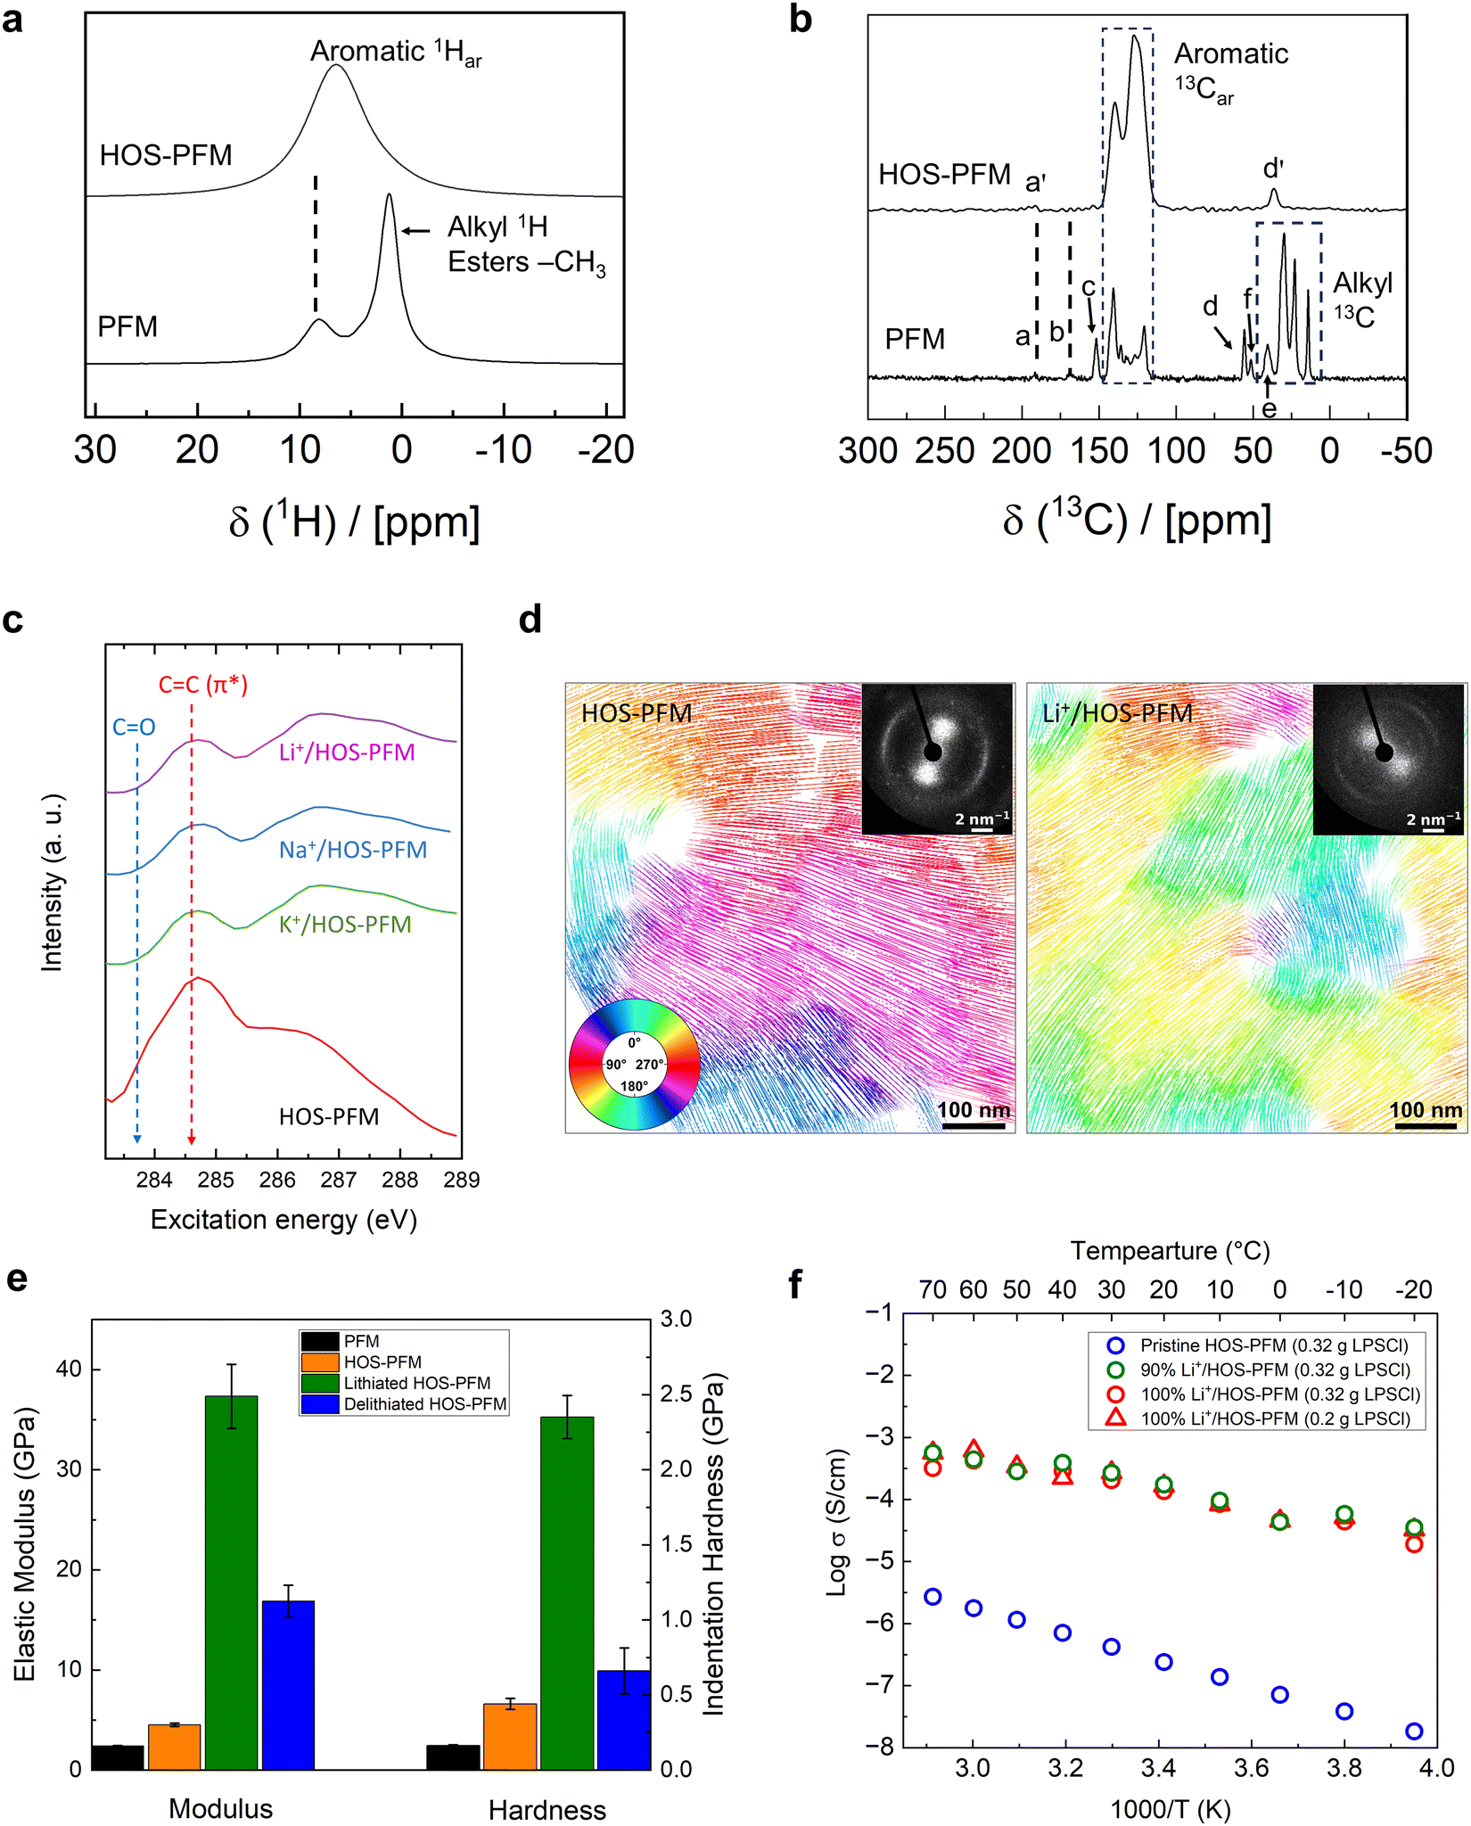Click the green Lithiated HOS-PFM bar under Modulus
click(x=231, y=1582)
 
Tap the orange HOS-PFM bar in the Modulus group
click(x=174, y=1747)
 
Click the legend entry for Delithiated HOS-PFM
click(x=404, y=1403)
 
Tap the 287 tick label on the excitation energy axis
click(x=339, y=1180)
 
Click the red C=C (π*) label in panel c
click(x=203, y=685)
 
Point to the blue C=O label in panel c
click(x=134, y=727)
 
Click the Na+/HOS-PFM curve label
click(x=353, y=850)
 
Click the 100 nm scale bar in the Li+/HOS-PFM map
click(x=1426, y=1125)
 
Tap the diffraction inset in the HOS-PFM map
click(x=937, y=759)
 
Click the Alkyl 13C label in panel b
click(x=1361, y=299)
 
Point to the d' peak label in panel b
click(x=1273, y=169)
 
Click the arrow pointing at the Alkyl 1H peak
click(x=416, y=231)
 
